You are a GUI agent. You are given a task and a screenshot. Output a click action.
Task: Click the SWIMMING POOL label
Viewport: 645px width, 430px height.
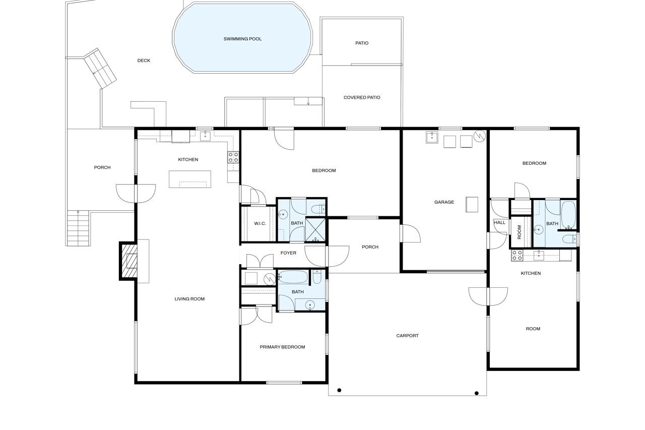[242, 39]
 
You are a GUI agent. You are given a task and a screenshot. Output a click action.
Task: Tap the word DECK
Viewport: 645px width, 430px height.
[144, 60]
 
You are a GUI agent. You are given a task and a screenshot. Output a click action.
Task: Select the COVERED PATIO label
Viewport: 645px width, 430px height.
[362, 97]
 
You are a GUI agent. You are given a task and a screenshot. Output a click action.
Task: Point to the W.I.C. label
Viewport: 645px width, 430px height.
[260, 223]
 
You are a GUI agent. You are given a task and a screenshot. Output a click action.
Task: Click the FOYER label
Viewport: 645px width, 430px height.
[288, 253]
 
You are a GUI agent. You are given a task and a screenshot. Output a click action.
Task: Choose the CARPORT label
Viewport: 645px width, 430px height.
[407, 336]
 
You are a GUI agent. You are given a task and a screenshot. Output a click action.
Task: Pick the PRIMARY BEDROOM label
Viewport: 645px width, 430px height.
[282, 347]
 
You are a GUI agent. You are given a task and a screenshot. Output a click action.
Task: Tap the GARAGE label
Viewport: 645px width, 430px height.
[444, 202]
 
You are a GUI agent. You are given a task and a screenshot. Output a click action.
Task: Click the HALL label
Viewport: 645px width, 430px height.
[499, 223]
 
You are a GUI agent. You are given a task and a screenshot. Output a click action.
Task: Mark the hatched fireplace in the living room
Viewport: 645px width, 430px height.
[128, 261]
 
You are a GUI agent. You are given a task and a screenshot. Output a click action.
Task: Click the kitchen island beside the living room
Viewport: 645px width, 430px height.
[190, 179]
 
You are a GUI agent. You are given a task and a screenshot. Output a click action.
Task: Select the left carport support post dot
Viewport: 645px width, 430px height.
[339, 390]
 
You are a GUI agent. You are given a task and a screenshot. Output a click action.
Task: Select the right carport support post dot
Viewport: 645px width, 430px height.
[477, 393]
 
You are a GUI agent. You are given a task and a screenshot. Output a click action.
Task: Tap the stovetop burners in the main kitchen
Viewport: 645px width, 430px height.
[233, 157]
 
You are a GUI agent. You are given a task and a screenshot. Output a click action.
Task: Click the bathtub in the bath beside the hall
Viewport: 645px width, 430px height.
[568, 215]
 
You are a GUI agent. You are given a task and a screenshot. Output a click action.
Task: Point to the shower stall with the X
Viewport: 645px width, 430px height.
[315, 229]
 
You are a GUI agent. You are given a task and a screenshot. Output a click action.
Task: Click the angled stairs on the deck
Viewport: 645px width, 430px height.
[100, 68]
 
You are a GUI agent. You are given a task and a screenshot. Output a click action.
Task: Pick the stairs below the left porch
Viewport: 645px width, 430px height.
[78, 228]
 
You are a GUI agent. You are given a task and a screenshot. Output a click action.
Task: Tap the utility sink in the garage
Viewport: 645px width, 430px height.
[432, 138]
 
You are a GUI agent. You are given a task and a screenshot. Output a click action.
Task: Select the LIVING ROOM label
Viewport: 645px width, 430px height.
[189, 299]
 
